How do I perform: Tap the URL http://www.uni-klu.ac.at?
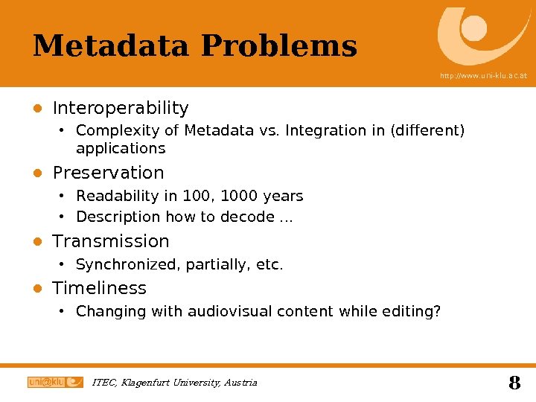click(x=483, y=76)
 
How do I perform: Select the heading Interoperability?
click(x=121, y=109)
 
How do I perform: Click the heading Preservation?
click(x=108, y=173)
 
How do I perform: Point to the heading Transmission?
click(x=111, y=241)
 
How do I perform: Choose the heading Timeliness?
click(x=100, y=288)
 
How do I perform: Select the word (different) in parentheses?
click(x=427, y=131)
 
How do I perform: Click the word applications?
click(x=121, y=149)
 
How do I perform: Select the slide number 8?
click(x=514, y=383)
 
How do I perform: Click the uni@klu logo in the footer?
click(x=55, y=383)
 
